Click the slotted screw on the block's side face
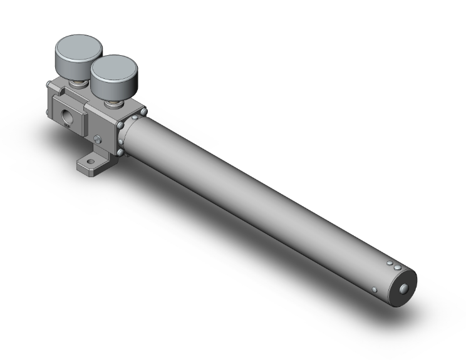[x=98, y=139]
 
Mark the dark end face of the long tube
[x=403, y=289]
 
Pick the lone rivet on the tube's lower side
[x=375, y=289]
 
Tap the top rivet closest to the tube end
[x=397, y=269]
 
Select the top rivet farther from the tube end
[x=389, y=263]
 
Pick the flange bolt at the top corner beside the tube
[x=145, y=113]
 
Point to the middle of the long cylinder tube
[x=263, y=200]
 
